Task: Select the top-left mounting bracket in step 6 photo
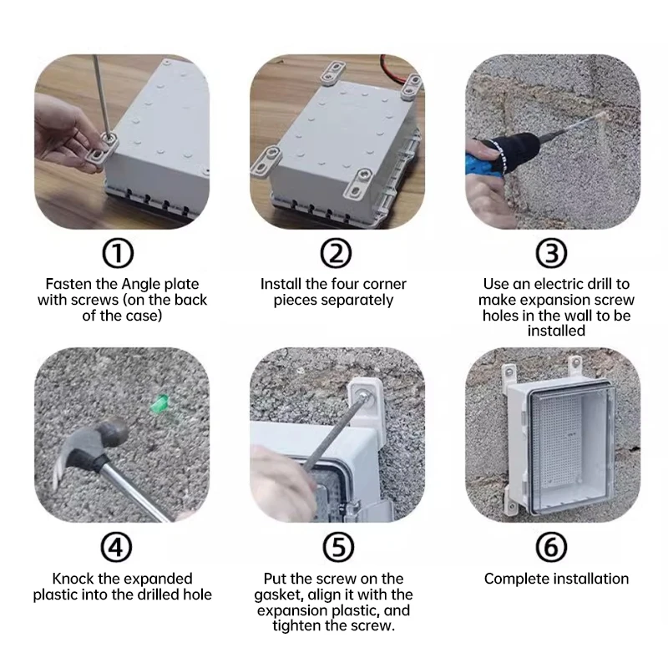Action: [x=506, y=374]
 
